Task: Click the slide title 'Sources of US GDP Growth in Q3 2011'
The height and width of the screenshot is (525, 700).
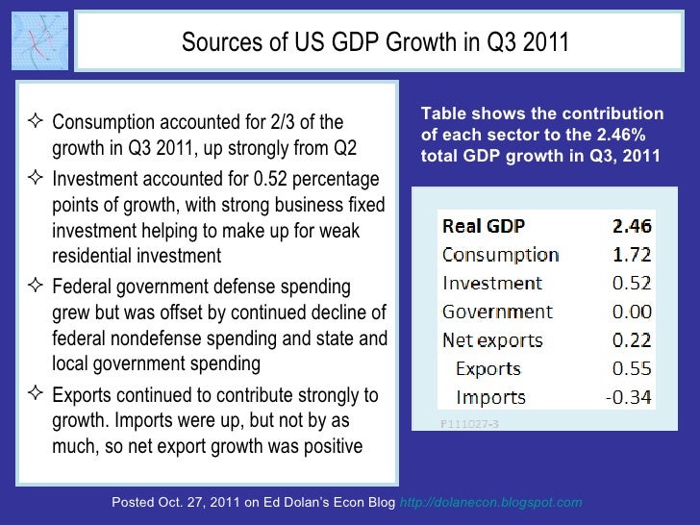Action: (375, 43)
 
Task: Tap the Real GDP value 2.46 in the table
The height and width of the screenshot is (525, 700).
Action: (632, 227)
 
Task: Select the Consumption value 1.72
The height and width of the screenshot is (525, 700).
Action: (632, 255)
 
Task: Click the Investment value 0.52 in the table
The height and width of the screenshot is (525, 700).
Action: (632, 284)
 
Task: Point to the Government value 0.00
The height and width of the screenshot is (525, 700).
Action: (632, 312)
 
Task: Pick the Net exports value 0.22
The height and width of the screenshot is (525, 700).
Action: (632, 340)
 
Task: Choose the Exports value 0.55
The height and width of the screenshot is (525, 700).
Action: (632, 368)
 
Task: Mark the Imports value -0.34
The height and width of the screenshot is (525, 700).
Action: (629, 397)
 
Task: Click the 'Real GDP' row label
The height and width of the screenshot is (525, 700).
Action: (484, 227)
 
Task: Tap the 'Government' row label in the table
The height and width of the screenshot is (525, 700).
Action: (497, 312)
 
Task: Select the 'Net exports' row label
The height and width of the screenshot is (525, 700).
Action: (492, 340)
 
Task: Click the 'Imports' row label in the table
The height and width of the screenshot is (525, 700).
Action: (490, 397)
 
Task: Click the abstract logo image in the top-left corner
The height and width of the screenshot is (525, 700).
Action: (37, 41)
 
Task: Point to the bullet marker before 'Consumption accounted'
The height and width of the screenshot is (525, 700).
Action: (36, 122)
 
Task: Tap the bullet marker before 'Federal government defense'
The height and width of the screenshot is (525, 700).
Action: (36, 287)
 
